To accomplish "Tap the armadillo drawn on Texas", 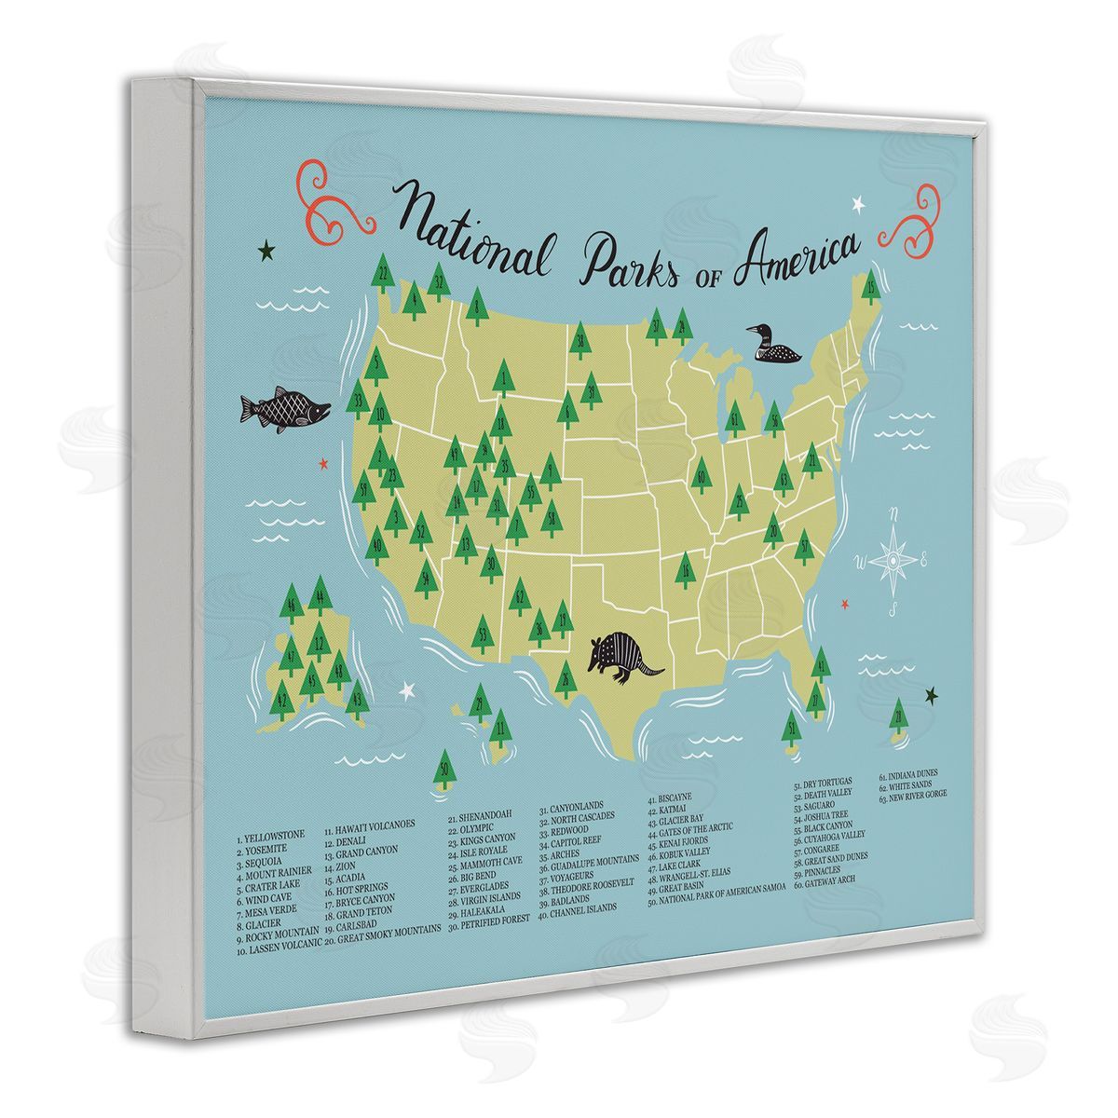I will pos(625,654).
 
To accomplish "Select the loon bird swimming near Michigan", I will pos(772,346).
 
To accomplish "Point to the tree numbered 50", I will pos(446,772).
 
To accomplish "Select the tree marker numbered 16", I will pos(687,569).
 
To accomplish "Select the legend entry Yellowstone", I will pos(271,836).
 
